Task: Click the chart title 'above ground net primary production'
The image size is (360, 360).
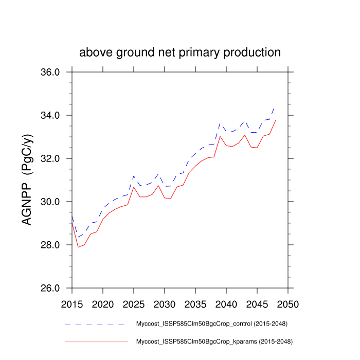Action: (180, 52)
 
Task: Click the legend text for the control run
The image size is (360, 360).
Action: (211, 324)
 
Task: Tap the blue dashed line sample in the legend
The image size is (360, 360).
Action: (95, 324)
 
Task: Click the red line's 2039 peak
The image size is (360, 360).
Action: (220, 136)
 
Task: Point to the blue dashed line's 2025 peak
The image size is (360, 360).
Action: (134, 176)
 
